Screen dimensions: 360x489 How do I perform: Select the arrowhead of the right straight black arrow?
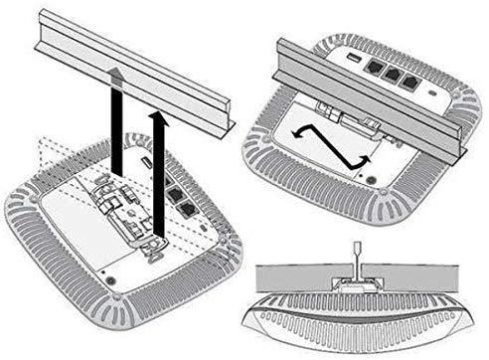[x=156, y=115]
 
